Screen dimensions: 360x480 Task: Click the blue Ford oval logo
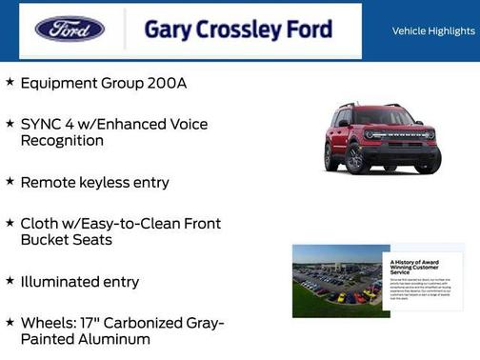point(70,29)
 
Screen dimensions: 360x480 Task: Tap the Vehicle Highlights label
point(433,31)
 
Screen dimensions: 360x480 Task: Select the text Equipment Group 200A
point(103,83)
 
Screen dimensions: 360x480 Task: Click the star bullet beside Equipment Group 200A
point(10,82)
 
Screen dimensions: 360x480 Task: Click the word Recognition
point(62,141)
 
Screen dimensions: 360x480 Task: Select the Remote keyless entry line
point(94,182)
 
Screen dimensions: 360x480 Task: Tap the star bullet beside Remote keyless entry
point(10,181)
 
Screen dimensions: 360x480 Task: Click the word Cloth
point(40,224)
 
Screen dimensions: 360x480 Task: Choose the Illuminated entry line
point(79,282)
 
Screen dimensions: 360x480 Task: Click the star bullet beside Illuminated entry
point(10,281)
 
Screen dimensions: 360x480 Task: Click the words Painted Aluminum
point(85,340)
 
